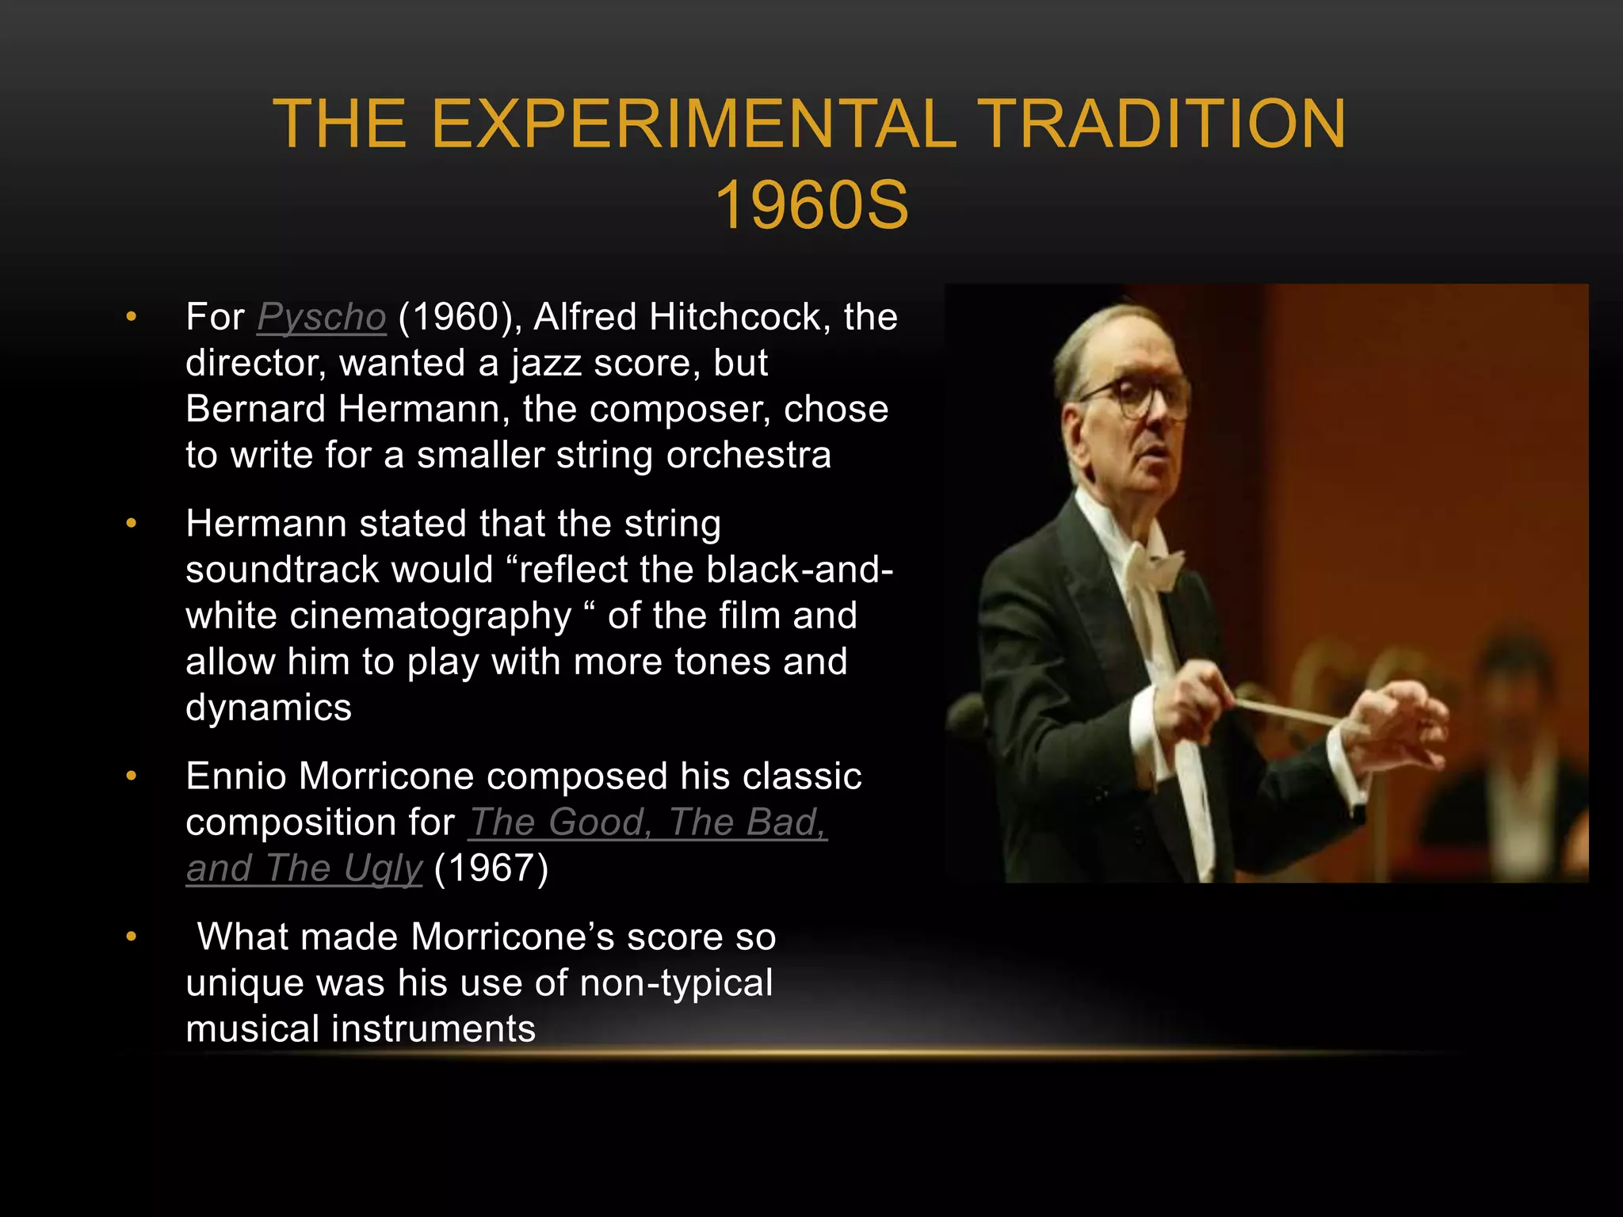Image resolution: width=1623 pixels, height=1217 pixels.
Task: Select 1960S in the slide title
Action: coord(811,205)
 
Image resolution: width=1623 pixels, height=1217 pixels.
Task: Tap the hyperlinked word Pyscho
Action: coord(321,317)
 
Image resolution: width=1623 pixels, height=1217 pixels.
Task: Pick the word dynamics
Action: coord(268,708)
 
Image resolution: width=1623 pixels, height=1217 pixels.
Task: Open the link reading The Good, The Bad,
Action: coord(647,822)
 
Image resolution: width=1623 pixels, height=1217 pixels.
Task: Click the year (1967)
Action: coord(491,868)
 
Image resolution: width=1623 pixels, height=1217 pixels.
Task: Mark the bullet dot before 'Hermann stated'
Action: coord(132,524)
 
